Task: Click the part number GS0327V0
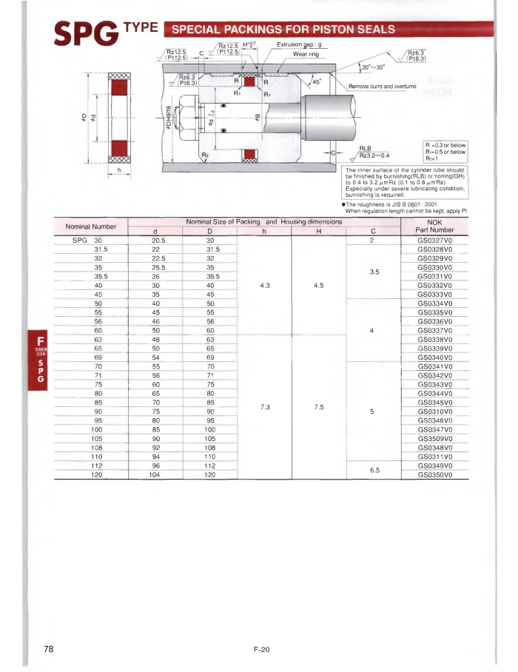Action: click(x=434, y=241)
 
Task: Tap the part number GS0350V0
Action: click(x=434, y=474)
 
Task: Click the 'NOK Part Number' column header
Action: click(x=434, y=225)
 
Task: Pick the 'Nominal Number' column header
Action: click(x=92, y=226)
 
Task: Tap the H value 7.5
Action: click(x=319, y=406)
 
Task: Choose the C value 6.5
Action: click(x=374, y=470)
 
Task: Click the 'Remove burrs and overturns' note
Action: click(x=382, y=87)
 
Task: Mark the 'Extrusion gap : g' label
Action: click(x=300, y=44)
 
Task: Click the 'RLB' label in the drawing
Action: click(x=365, y=147)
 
